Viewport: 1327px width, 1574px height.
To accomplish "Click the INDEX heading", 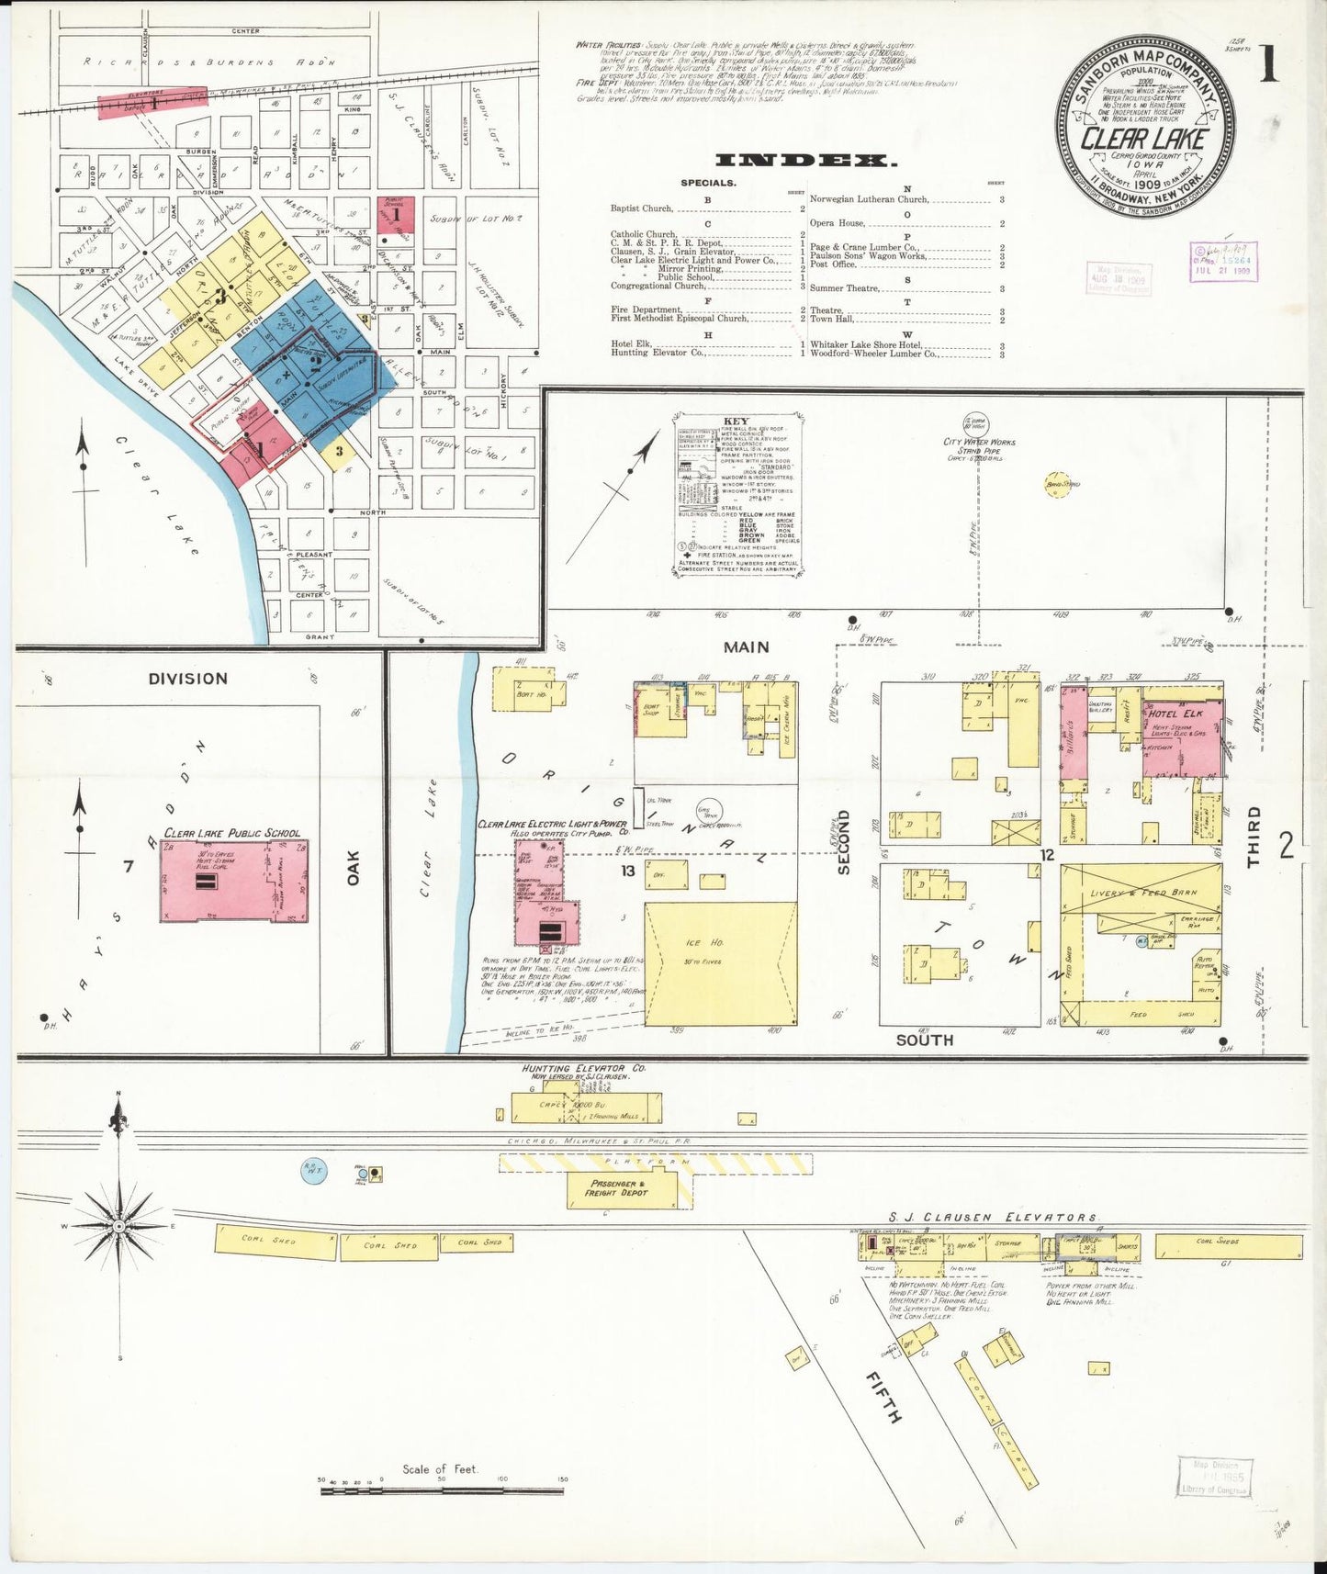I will click(805, 161).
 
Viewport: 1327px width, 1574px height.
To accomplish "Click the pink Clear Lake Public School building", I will click(234, 880).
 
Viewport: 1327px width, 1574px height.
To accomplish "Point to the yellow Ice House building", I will click(720, 963).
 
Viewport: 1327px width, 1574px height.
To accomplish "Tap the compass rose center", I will click(118, 1226).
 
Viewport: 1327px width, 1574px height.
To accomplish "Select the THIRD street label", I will click(1254, 837).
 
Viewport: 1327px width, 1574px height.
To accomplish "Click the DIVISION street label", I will click(187, 679).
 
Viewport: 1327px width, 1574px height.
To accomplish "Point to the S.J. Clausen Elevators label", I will click(997, 1217).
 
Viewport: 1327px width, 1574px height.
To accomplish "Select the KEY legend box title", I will click(737, 422).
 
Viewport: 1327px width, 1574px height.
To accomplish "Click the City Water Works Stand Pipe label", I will click(979, 446).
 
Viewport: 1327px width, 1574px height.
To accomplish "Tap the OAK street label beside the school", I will click(354, 868).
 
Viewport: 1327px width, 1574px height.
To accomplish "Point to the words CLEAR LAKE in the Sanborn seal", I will click(1143, 139).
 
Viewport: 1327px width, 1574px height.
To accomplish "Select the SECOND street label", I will click(844, 841).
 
